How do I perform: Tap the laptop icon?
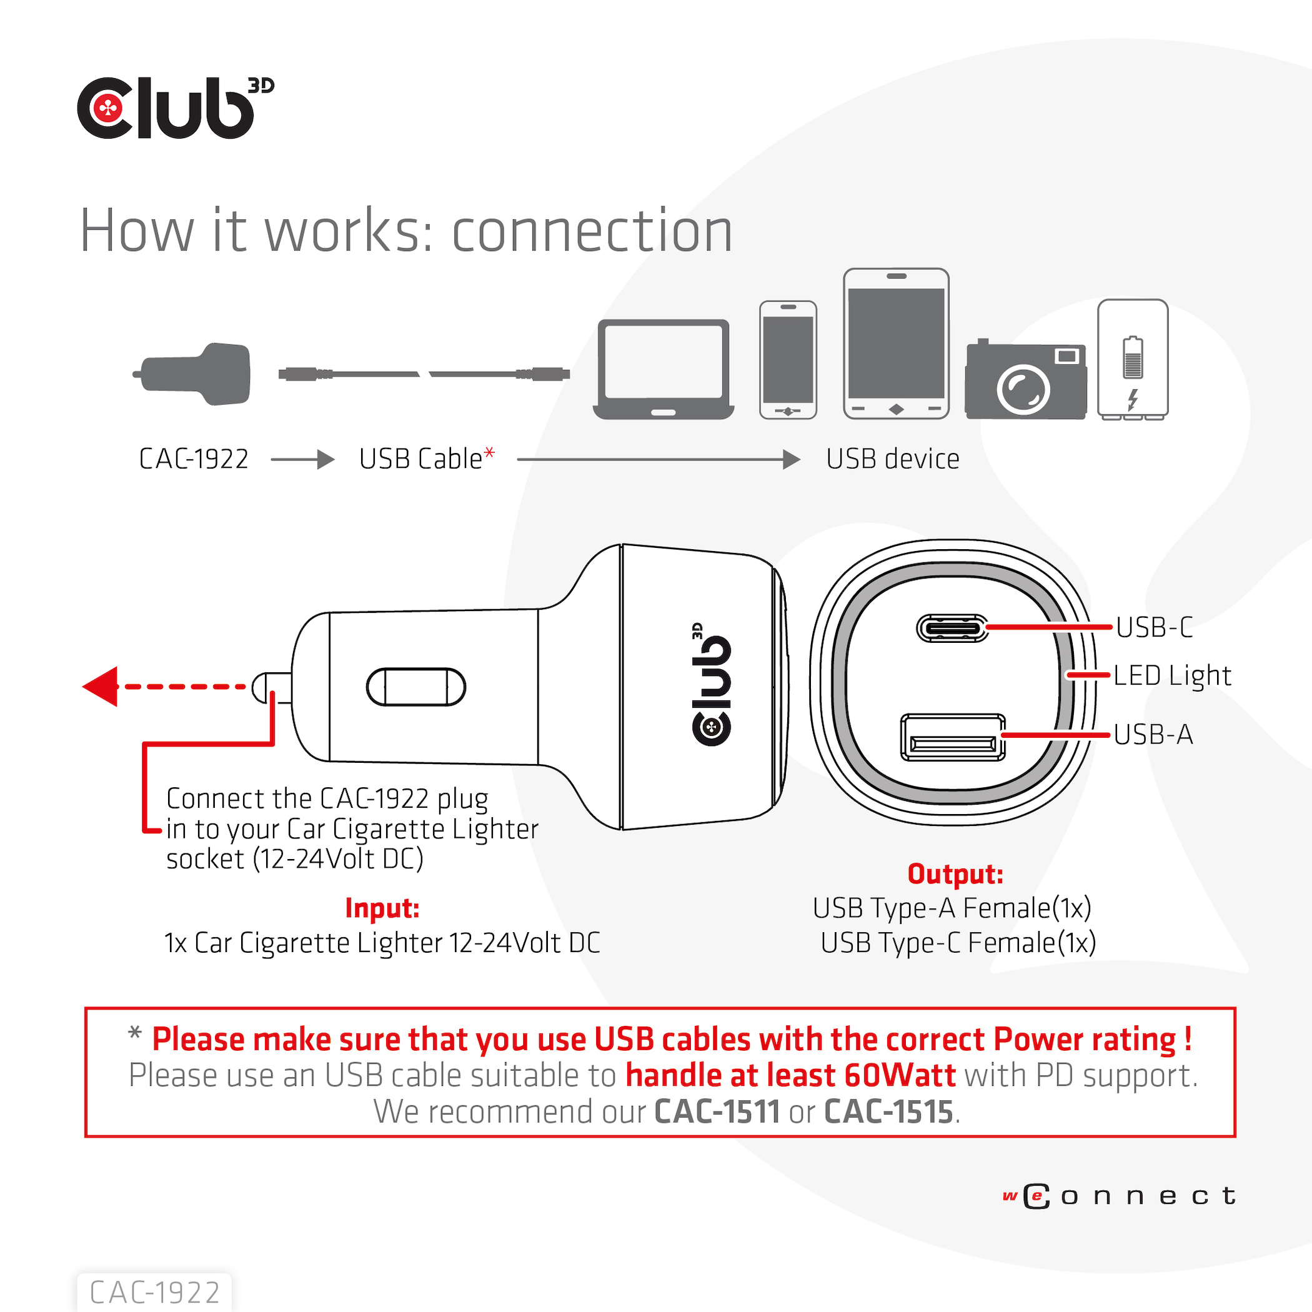[x=663, y=369]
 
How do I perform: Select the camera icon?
[x=1025, y=380]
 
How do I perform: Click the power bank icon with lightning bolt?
[x=1132, y=359]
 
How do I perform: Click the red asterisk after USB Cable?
[x=489, y=453]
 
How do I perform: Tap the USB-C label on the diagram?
[x=1154, y=627]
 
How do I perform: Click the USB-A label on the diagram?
[x=1153, y=735]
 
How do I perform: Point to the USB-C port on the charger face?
[x=952, y=628]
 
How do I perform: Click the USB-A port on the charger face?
[x=952, y=737]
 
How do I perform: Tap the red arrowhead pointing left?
[x=101, y=687]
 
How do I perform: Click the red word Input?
[x=382, y=908]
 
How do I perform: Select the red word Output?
[x=955, y=874]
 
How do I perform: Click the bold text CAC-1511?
[x=717, y=1112]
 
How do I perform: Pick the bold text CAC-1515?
[x=888, y=1112]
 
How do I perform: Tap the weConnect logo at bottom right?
[x=1118, y=1196]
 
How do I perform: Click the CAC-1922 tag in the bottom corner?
[x=155, y=1292]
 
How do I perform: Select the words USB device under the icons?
[x=892, y=459]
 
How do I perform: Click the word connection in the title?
[x=592, y=231]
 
